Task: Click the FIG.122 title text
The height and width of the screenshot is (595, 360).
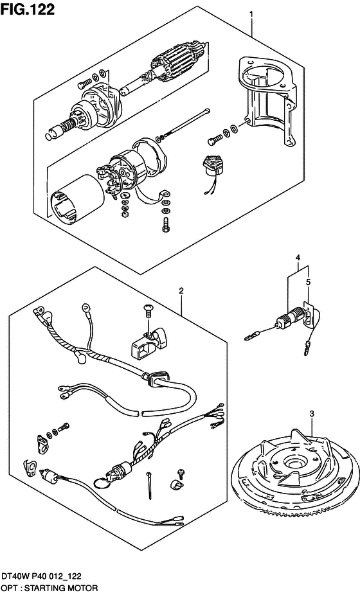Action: (x=28, y=10)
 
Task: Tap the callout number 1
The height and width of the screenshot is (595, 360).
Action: (x=251, y=14)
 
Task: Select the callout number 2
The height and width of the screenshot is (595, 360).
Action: (x=181, y=291)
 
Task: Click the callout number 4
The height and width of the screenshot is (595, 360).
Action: (x=298, y=258)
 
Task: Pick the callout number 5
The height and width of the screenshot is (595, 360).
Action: (x=308, y=282)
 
